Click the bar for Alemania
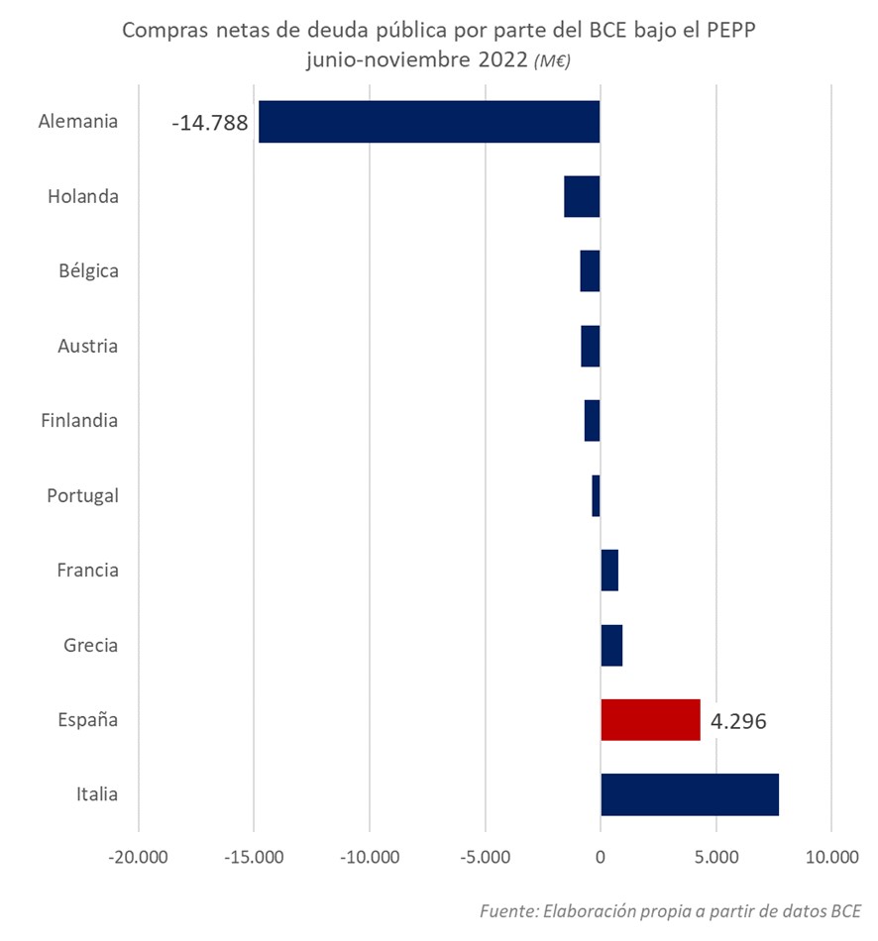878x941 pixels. tap(429, 122)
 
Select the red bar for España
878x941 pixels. tap(650, 719)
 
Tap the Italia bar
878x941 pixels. tap(690, 794)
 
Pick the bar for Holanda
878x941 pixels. tap(583, 196)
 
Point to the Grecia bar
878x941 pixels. tap(611, 645)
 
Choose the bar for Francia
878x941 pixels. tap(609, 571)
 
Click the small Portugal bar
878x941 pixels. tap(597, 495)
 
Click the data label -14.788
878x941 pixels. tap(209, 125)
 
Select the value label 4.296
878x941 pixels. tap(739, 721)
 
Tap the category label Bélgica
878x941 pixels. tap(88, 270)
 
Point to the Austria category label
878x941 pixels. tap(88, 346)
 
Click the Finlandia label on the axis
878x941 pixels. tap(79, 420)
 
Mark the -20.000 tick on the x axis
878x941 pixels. tap(139, 856)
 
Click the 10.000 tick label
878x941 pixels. tap(830, 856)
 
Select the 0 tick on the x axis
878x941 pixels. tap(601, 856)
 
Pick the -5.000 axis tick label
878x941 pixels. tap(486, 856)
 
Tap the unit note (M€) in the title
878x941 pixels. tap(552, 61)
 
